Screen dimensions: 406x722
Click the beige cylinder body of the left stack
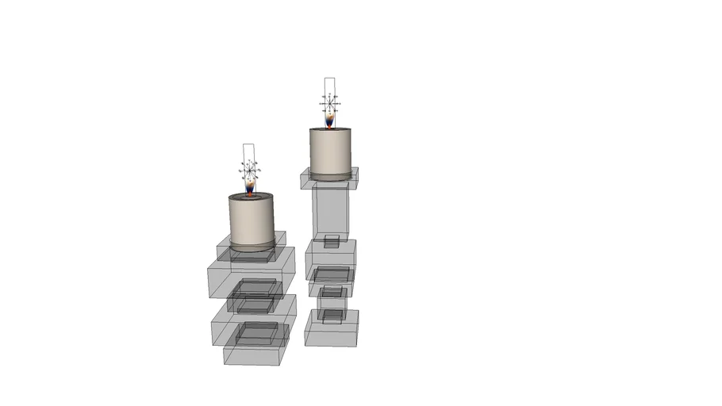[x=251, y=221]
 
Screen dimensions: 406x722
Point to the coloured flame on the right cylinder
[x=330, y=120]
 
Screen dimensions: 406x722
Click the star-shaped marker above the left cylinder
[x=251, y=168]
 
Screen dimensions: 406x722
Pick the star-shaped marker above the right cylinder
[x=330, y=101]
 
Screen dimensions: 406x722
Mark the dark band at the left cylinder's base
[x=251, y=248]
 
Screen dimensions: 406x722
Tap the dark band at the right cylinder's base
[x=330, y=174]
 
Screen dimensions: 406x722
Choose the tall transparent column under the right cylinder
[x=331, y=210]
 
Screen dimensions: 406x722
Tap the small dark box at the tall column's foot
[x=332, y=240]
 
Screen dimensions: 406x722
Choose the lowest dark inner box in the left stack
[x=254, y=333]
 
